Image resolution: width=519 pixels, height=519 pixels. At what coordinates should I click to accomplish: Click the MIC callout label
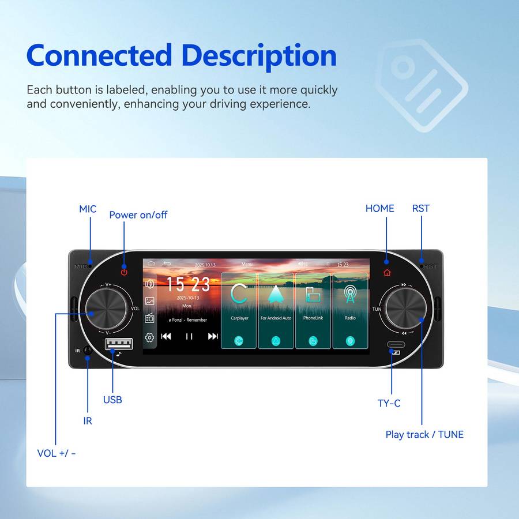point(88,209)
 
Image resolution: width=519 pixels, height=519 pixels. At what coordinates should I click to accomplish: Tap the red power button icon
point(124,272)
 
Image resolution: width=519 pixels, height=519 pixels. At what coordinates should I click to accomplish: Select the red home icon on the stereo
point(386,272)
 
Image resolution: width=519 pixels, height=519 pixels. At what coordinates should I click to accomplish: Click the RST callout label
point(420,208)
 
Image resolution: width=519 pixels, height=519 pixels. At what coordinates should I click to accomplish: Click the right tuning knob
point(406,309)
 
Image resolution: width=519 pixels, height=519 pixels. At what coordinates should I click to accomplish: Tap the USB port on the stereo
point(118,344)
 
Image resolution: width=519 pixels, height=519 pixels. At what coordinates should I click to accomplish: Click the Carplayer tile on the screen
point(239,310)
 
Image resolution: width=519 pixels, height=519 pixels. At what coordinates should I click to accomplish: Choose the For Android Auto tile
point(276,310)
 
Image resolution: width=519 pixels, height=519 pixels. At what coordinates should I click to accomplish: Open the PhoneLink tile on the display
point(313,310)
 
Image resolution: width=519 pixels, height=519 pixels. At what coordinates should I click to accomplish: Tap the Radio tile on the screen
point(350,310)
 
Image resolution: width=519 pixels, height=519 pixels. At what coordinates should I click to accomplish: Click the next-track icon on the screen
point(213,336)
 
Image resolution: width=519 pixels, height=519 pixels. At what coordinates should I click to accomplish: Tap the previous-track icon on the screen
point(166,336)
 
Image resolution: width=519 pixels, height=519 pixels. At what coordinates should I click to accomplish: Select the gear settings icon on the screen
point(149,337)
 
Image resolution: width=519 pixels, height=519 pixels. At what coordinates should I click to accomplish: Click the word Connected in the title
point(99,56)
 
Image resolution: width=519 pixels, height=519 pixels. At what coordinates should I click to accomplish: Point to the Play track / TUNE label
point(424,434)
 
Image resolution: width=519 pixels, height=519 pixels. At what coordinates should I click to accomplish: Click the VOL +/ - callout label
point(57,453)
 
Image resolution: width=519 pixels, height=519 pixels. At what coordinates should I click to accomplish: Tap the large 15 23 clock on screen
point(188,285)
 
